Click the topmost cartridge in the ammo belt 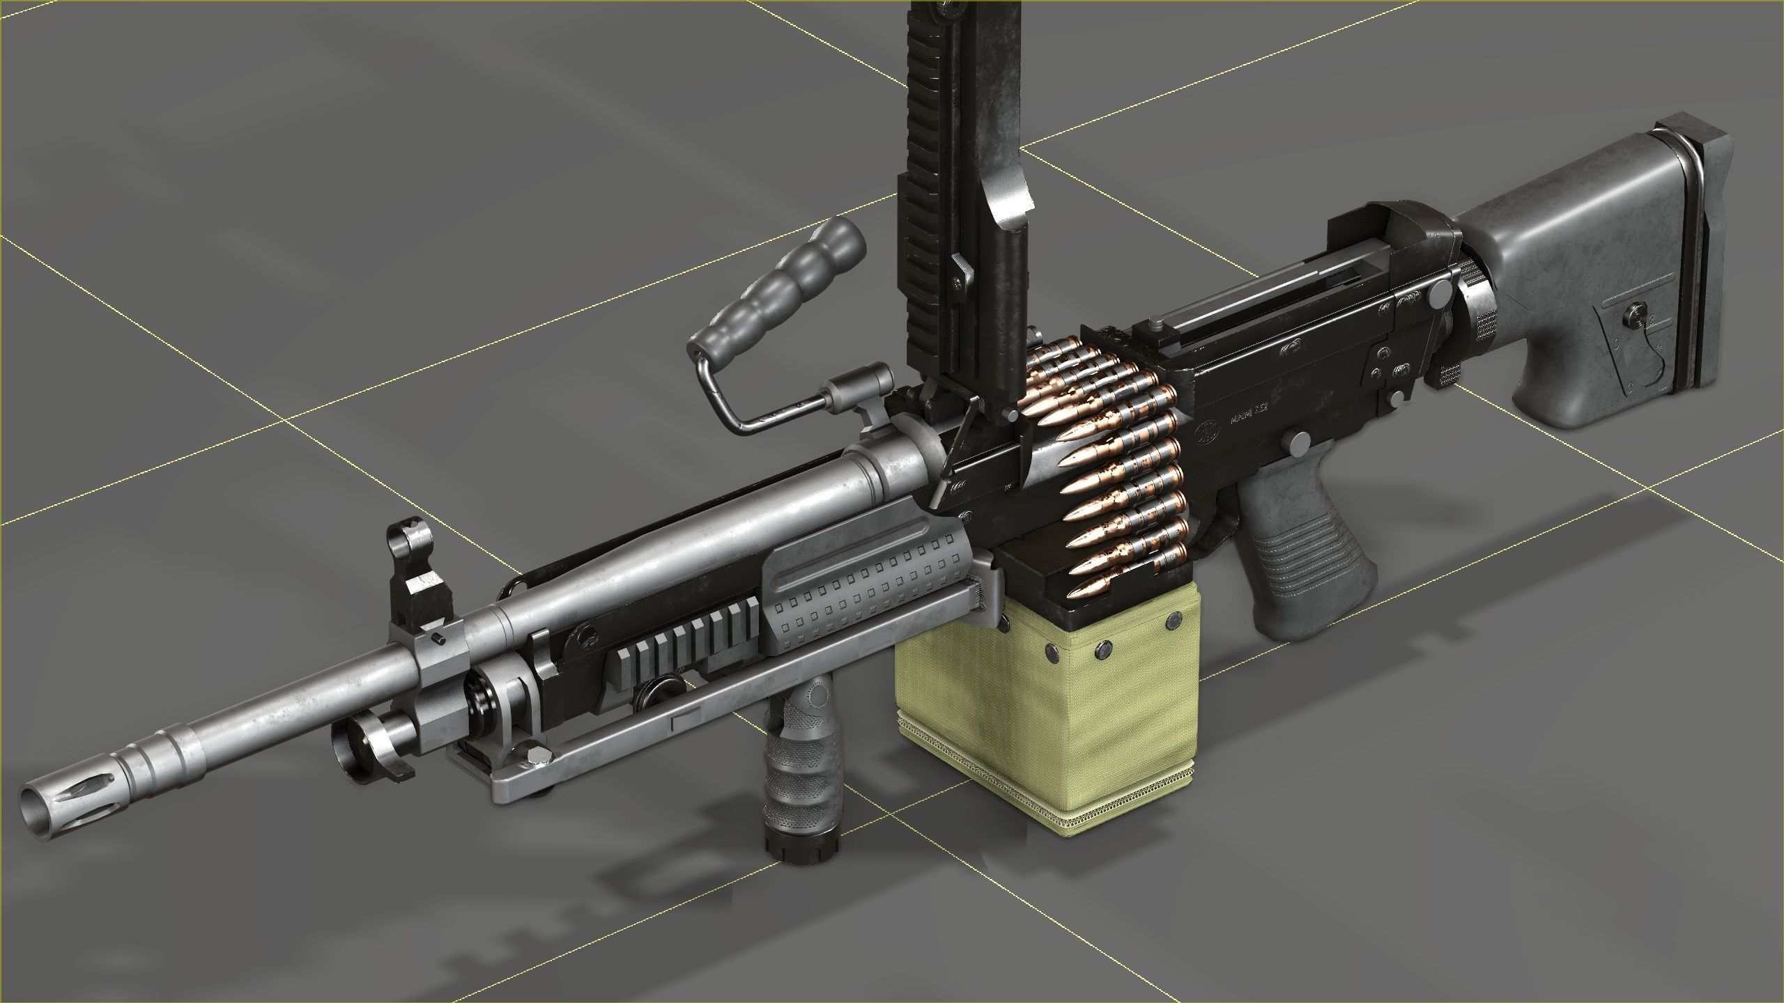click(x=1115, y=348)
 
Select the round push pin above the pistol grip click(x=1300, y=440)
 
